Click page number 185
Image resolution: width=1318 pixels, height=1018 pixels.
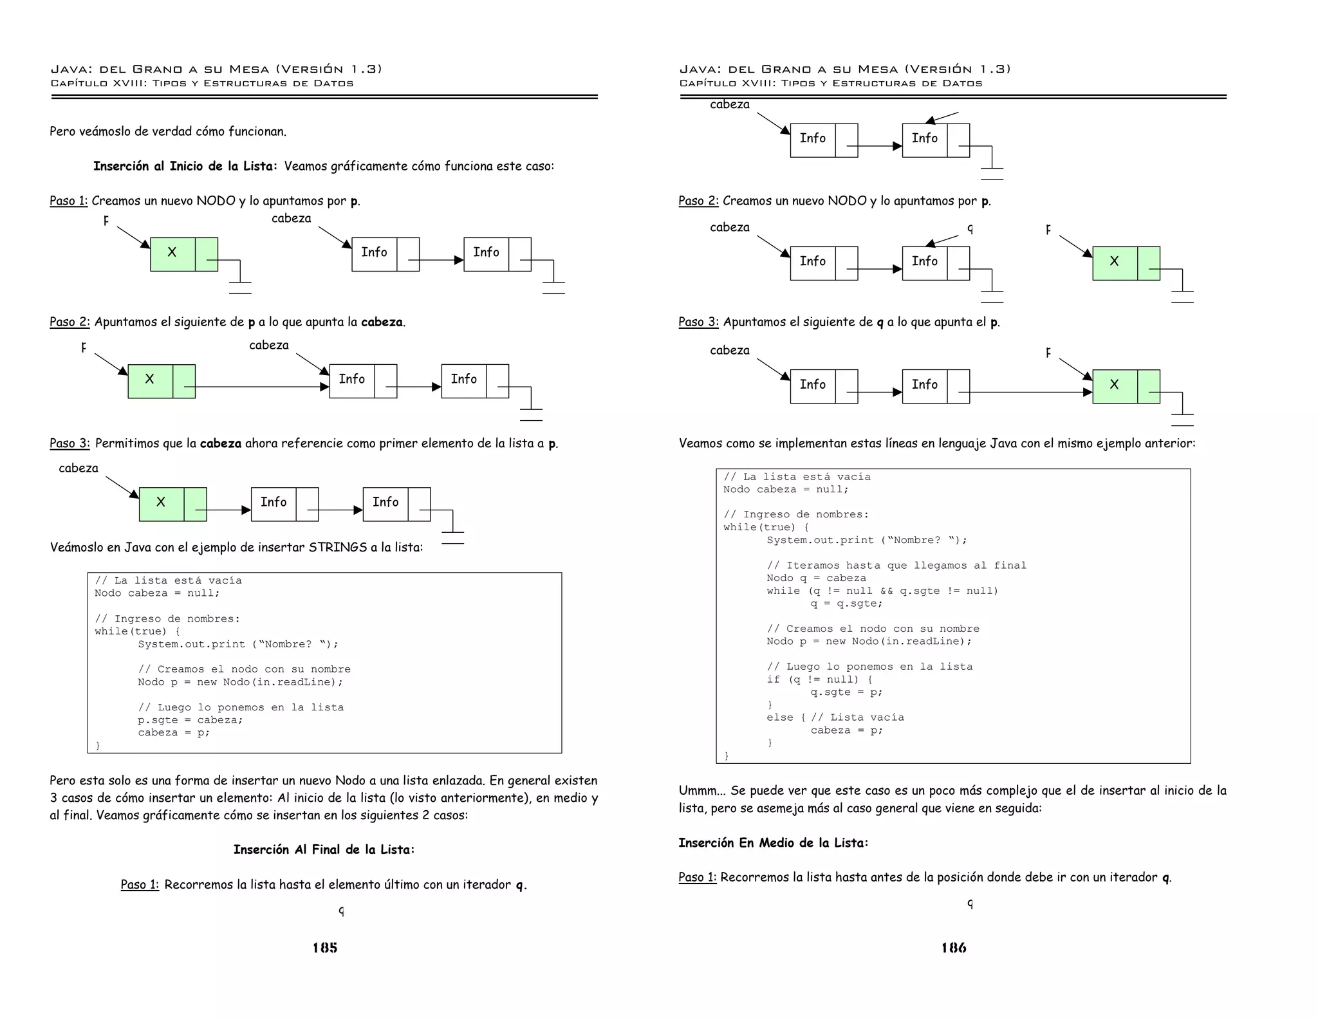click(x=325, y=947)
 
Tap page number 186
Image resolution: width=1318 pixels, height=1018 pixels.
click(x=954, y=947)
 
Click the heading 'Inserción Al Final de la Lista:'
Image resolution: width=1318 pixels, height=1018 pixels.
click(x=324, y=849)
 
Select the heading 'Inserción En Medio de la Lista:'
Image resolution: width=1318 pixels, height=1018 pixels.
click(x=773, y=842)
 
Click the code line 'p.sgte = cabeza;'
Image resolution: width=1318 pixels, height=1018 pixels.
click(x=190, y=720)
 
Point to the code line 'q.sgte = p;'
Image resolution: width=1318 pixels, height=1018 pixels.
click(x=846, y=692)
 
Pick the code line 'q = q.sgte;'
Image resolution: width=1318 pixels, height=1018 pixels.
click(x=846, y=604)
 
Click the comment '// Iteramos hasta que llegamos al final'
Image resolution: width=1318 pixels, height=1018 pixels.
click(x=896, y=566)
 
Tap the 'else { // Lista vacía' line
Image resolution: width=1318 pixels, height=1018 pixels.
click(x=835, y=717)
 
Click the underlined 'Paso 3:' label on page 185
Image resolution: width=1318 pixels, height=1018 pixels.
click(x=70, y=443)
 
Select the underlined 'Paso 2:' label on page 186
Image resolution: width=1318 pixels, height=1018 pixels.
click(x=698, y=201)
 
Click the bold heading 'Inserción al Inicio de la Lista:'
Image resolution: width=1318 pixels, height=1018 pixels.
click(x=185, y=166)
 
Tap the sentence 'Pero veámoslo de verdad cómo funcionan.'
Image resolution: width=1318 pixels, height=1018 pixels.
click(x=168, y=131)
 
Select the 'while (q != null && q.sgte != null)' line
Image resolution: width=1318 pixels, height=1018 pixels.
click(x=882, y=591)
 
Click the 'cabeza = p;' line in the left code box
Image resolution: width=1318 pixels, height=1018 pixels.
click(x=174, y=733)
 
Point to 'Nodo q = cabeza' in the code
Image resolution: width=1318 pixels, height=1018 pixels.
click(x=816, y=578)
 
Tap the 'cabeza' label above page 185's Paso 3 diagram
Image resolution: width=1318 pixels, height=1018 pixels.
click(x=79, y=468)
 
